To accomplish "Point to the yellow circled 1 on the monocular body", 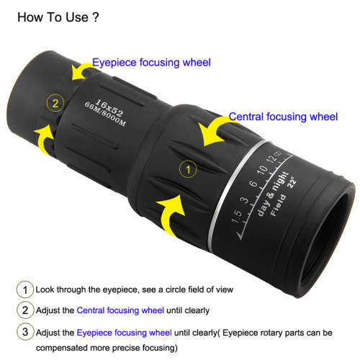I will tap(186, 170).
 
